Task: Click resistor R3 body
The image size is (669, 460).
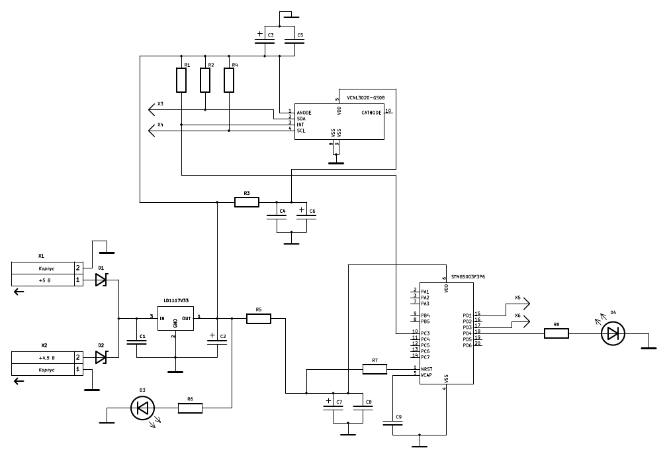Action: pos(247,201)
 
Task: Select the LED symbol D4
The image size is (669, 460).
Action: pos(613,333)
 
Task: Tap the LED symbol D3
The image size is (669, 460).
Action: pos(142,408)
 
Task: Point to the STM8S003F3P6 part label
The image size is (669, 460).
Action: pos(468,276)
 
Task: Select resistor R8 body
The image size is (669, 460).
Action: pos(557,333)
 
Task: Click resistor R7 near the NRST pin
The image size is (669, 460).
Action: pos(375,369)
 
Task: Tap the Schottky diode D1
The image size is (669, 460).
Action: pos(101,280)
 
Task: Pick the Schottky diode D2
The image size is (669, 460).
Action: pos(101,357)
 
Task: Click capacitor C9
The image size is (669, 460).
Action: pos(392,423)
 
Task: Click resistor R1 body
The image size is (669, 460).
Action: pos(181,80)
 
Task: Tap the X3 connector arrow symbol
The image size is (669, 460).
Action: pos(152,109)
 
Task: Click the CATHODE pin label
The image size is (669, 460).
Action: pos(371,113)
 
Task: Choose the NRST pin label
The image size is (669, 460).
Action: pos(426,369)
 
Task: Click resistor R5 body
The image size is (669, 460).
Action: pos(259,319)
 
